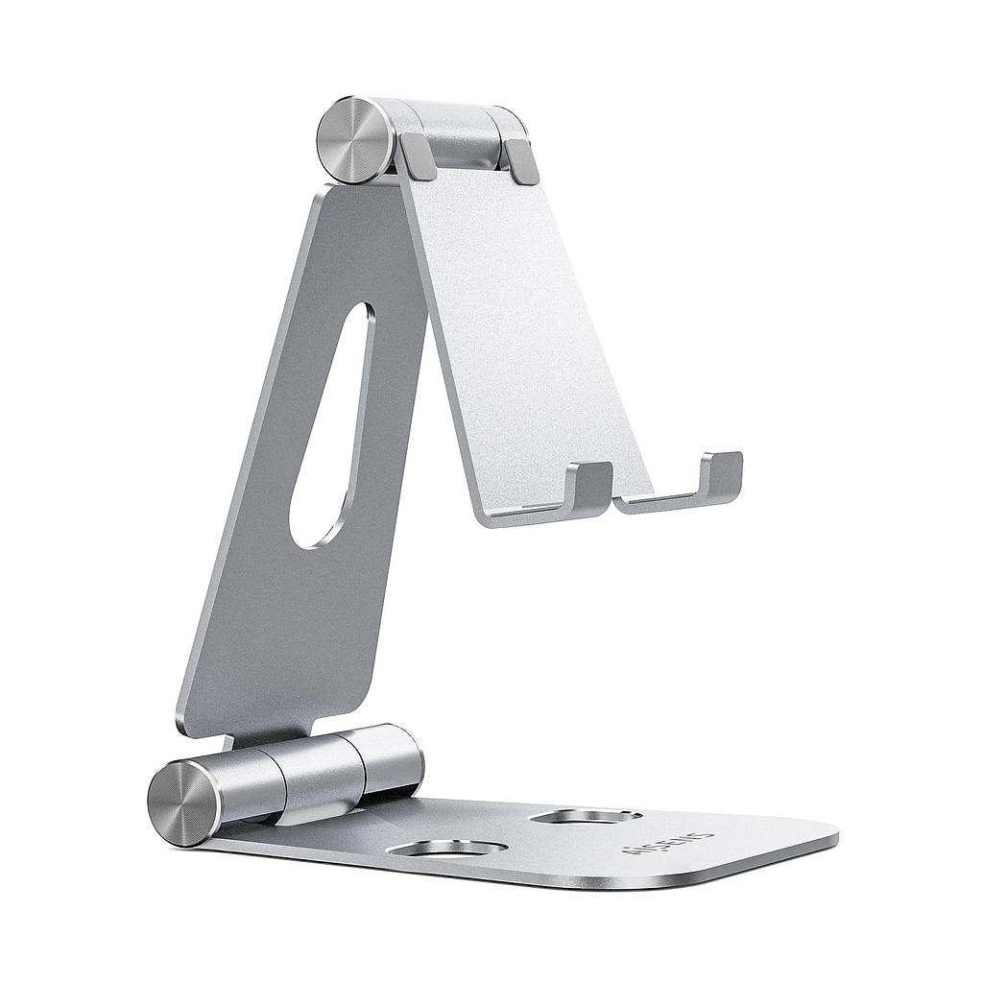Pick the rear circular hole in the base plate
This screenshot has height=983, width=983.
click(586, 816)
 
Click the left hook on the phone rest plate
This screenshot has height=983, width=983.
click(588, 485)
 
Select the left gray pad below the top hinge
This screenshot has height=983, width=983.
click(419, 156)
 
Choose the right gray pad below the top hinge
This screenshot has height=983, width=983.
click(521, 160)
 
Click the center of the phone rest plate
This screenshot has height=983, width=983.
click(523, 336)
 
